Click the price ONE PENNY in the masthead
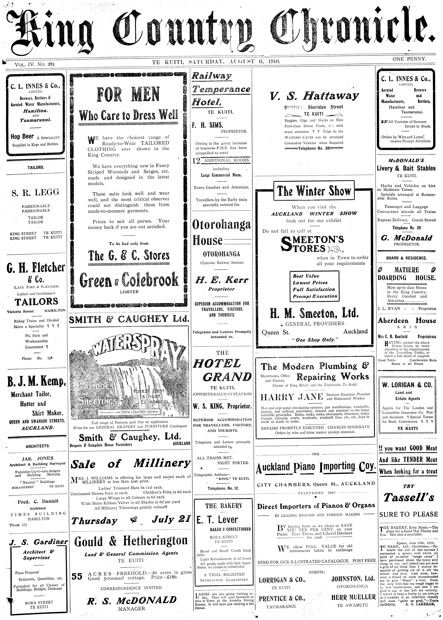pyautogui.click(x=409, y=59)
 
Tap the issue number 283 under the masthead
pyautogui.click(x=51, y=64)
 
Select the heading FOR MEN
pyautogui.click(x=128, y=95)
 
